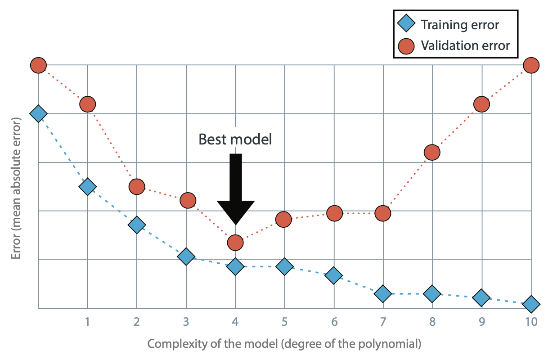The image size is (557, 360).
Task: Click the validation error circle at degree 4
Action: pos(235,242)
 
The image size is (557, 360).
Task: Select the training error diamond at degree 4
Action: pos(235,266)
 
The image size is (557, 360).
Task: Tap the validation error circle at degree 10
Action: pos(531,65)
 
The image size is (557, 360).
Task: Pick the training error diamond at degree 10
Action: pos(531,304)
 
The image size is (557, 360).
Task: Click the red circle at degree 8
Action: pos(432,152)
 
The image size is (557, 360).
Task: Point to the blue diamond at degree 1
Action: pos(88,187)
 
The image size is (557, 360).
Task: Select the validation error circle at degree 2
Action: pos(137,187)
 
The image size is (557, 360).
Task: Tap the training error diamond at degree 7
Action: pos(383,294)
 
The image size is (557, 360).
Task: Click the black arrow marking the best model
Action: pos(236,189)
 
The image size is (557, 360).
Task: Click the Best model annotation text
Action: pos(235,139)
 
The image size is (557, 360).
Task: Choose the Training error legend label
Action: pos(460,25)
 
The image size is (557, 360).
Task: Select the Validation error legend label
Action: pos(465,46)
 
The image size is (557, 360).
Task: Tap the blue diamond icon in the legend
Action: pos(406,23)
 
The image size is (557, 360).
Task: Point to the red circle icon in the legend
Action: pos(406,46)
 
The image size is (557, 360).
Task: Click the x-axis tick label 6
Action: pos(334,322)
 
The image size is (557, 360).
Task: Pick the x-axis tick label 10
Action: pos(531,322)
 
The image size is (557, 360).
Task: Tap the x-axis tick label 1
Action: pos(87,322)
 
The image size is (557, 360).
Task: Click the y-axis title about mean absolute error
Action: pos(16,189)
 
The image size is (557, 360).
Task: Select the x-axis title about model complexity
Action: pos(284,344)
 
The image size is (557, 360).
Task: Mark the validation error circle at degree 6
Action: pos(334,213)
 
